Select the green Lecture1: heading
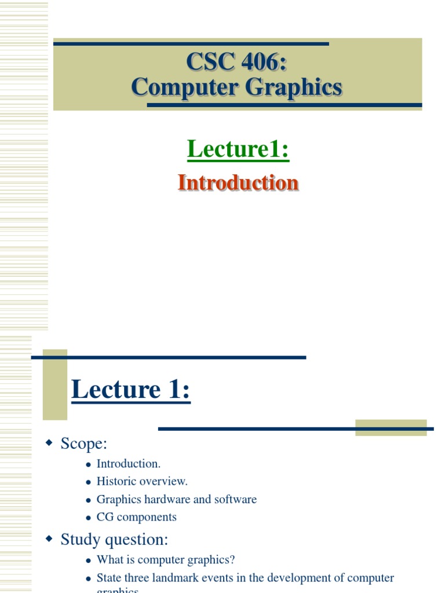[x=238, y=149]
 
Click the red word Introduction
[x=238, y=182]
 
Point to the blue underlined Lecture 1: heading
[x=130, y=389]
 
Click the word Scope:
[x=84, y=444]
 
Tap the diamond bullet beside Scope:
[x=49, y=443]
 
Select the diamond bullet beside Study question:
[x=49, y=539]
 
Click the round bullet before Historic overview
[x=89, y=482]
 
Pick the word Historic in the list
[x=116, y=481]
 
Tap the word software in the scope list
[x=235, y=499]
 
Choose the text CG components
[x=136, y=517]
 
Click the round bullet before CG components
[x=89, y=518]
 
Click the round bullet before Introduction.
[x=89, y=464]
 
